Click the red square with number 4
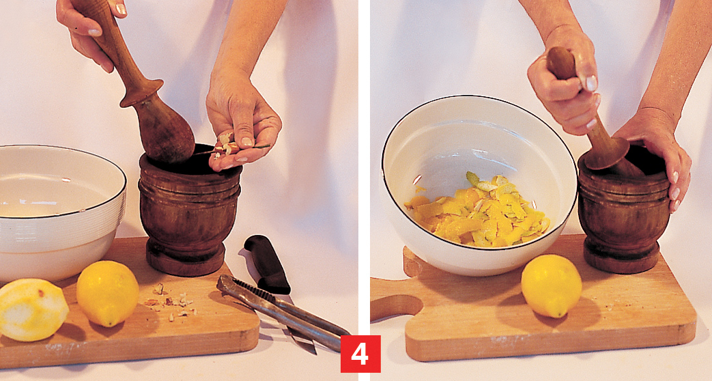(x=360, y=354)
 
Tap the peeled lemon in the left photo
(x=32, y=310)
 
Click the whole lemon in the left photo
(x=108, y=293)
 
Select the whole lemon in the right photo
(x=552, y=285)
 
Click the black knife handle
(x=267, y=264)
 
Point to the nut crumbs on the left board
(x=171, y=302)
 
